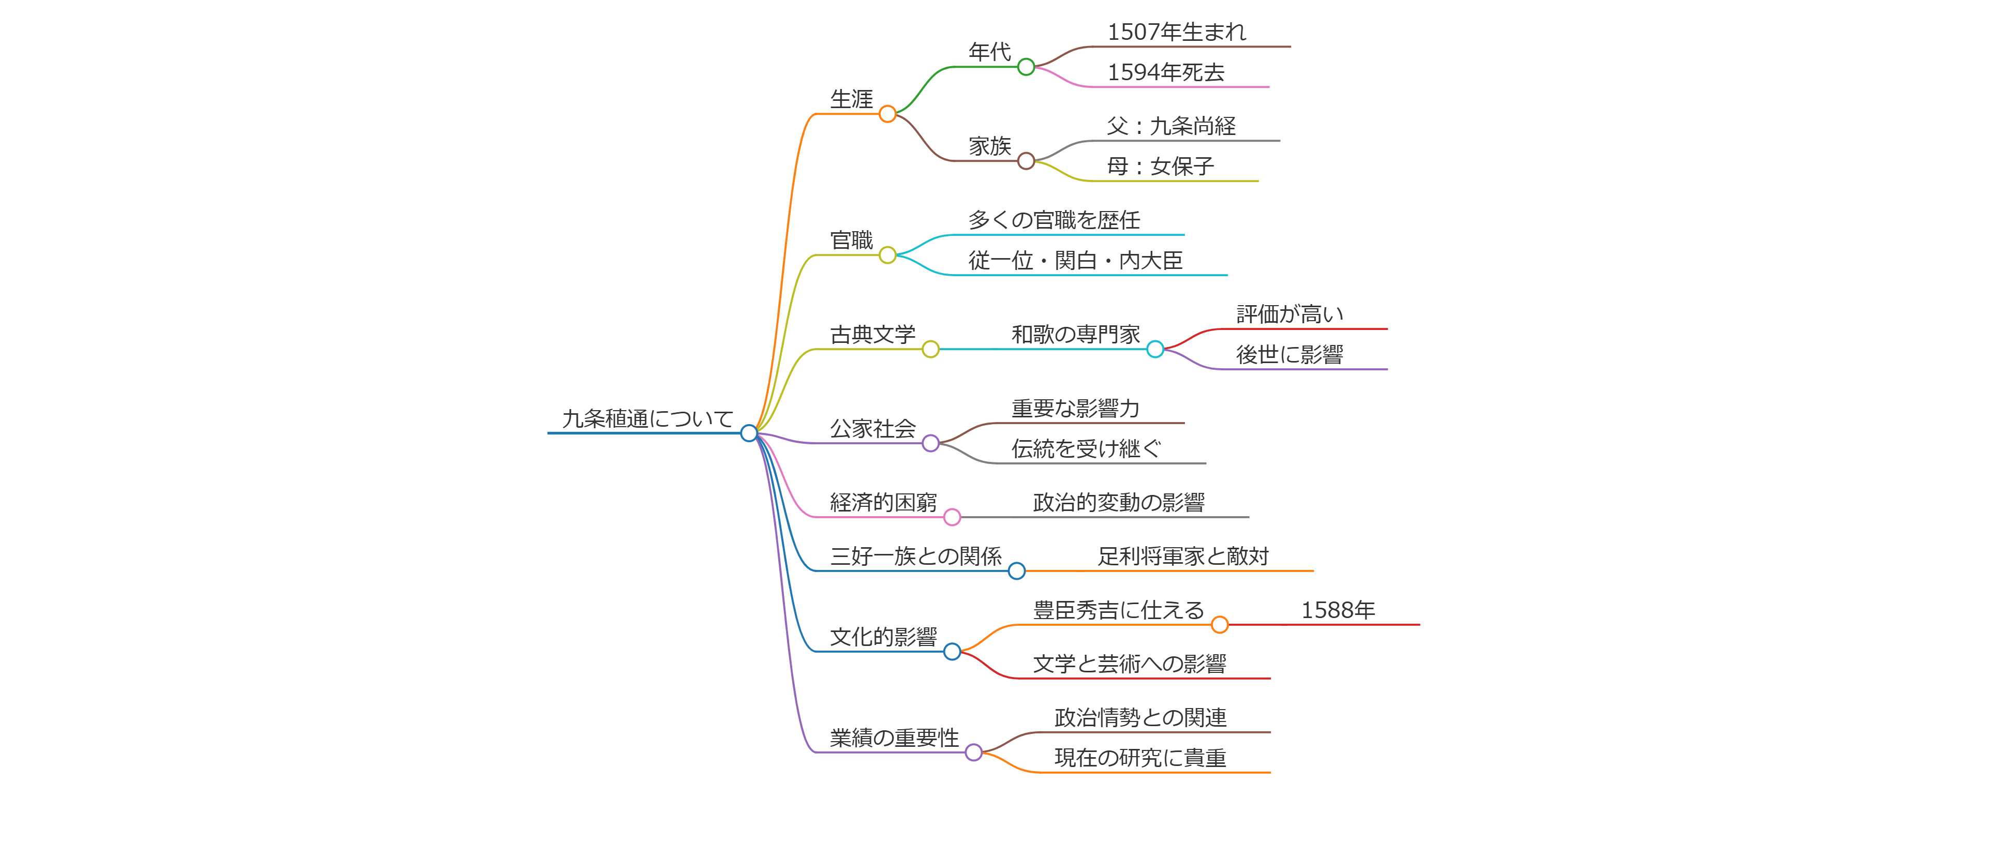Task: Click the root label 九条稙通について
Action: point(647,418)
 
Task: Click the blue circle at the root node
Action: point(749,433)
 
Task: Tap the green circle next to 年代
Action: point(1026,67)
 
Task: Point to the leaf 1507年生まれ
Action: point(1176,32)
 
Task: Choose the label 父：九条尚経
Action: point(1171,126)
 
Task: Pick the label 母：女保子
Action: point(1160,167)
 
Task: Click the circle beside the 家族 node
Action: point(1026,161)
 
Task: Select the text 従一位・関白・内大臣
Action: point(1075,261)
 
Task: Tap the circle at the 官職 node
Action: point(887,255)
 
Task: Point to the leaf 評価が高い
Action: point(1289,314)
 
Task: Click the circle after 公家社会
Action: point(930,444)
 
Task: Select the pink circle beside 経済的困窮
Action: point(952,517)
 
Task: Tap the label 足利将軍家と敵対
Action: point(1182,557)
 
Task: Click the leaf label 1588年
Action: point(1338,610)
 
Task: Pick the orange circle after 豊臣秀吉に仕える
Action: point(1219,624)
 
